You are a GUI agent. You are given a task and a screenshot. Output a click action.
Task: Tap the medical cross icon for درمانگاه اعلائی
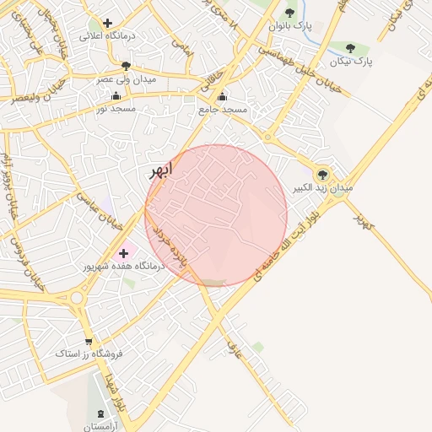(x=107, y=24)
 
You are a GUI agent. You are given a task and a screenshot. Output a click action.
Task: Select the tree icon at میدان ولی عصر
(x=126, y=65)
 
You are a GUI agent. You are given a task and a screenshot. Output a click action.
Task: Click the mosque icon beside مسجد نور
(x=116, y=95)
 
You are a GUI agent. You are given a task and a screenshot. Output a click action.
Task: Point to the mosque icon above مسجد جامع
(x=222, y=96)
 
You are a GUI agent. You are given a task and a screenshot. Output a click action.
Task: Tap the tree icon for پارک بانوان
(x=290, y=13)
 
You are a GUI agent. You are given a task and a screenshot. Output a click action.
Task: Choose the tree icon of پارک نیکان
(x=351, y=48)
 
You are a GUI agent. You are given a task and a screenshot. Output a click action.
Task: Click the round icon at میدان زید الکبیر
(x=321, y=175)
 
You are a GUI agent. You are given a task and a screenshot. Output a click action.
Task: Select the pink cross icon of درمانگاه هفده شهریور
(x=124, y=252)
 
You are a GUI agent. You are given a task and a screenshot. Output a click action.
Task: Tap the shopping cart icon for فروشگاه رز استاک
(x=89, y=341)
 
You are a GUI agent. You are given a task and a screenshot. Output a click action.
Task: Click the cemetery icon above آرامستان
(x=103, y=414)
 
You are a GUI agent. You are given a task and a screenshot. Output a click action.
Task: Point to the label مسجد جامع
(x=223, y=110)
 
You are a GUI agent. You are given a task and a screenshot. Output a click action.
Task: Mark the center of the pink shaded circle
(x=216, y=215)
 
